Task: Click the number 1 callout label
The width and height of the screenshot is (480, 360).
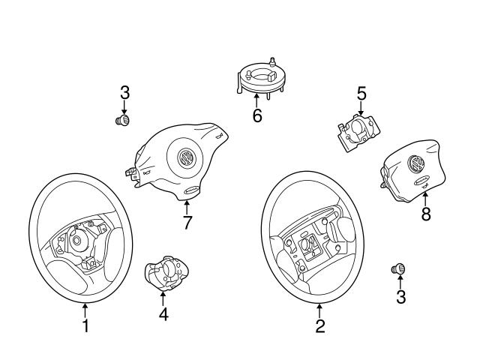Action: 85,326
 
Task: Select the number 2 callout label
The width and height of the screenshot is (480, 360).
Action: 320,326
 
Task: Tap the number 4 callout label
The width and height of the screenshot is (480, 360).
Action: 163,314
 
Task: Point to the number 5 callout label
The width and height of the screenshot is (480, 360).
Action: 361,94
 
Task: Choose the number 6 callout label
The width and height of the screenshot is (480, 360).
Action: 257,117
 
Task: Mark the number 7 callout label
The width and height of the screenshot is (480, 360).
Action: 187,223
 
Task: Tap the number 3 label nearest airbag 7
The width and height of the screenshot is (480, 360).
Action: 125,92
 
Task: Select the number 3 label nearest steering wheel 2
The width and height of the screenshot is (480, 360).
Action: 400,297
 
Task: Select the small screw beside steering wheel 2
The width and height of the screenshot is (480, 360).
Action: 399,268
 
